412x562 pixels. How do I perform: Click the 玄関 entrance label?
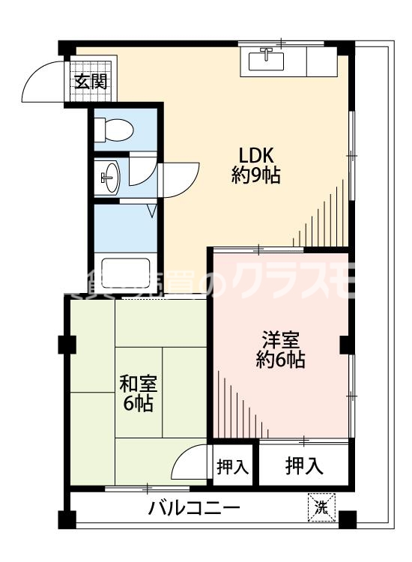(90, 81)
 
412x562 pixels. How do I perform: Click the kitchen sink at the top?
(266, 58)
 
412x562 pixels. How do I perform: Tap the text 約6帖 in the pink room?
(280, 360)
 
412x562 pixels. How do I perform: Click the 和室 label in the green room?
(139, 383)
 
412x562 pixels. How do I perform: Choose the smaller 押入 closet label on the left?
(232, 466)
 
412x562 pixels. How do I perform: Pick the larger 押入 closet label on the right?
(304, 466)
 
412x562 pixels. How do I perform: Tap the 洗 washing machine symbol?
(321, 507)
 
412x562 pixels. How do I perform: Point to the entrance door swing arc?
(43, 84)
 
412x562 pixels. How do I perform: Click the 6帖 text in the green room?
(139, 405)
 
